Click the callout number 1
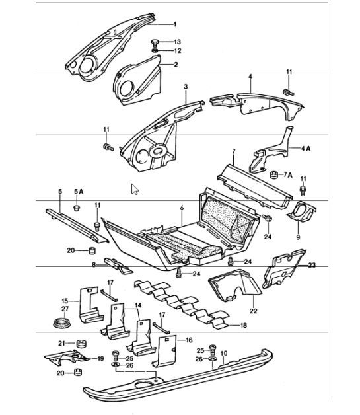pos(175,24)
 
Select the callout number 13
pos(177,42)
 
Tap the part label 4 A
pos(306,148)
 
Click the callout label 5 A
pos(79,191)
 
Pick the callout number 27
pos(65,309)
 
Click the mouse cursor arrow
pos(135,190)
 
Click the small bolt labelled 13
pos(154,42)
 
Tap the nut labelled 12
pos(154,51)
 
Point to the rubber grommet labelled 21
pos(81,344)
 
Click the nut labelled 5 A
pos(77,209)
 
